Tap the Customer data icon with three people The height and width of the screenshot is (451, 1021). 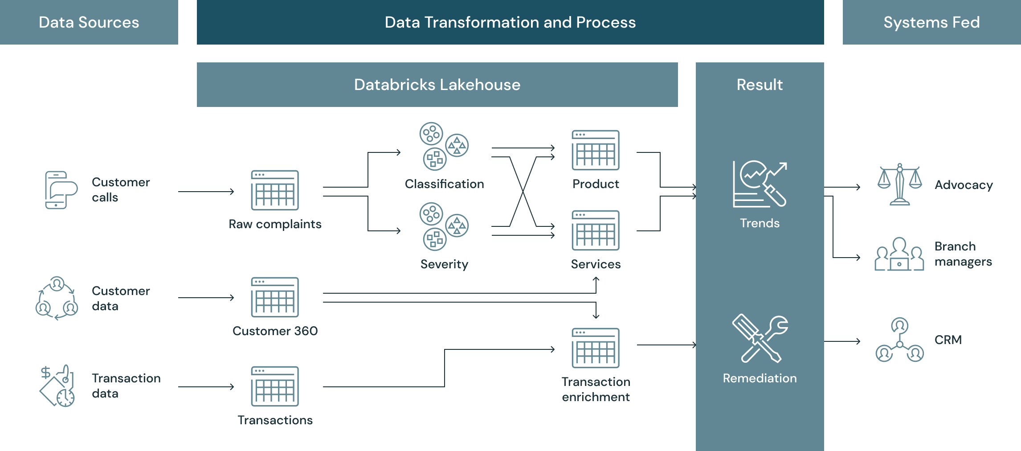click(57, 298)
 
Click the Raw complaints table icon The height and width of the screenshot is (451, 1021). click(275, 190)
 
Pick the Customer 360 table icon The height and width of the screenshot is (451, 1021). click(275, 297)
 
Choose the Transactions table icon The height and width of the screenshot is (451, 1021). click(275, 386)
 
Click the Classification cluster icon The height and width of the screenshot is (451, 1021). click(444, 146)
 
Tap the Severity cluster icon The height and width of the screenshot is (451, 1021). click(444, 226)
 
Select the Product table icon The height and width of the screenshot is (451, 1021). click(596, 150)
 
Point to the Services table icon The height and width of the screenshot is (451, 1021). click(596, 230)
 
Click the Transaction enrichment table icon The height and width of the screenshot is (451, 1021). click(596, 348)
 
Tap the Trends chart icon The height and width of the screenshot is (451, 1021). click(760, 184)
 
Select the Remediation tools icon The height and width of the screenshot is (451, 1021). click(760, 339)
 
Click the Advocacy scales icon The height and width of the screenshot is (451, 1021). click(899, 184)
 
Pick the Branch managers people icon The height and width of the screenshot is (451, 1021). click(899, 254)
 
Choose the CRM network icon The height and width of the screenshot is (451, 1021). click(899, 340)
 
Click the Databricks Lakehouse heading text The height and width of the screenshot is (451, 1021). click(437, 85)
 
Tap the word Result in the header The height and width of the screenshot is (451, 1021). click(760, 85)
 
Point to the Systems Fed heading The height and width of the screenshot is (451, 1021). click(931, 22)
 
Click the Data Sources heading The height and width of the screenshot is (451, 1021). click(89, 22)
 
